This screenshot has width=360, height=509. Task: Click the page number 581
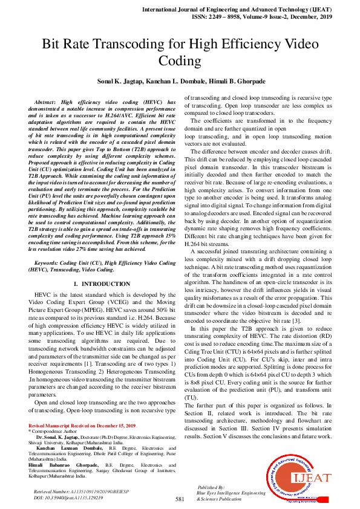180,499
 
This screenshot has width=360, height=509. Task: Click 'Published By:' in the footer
211,487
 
